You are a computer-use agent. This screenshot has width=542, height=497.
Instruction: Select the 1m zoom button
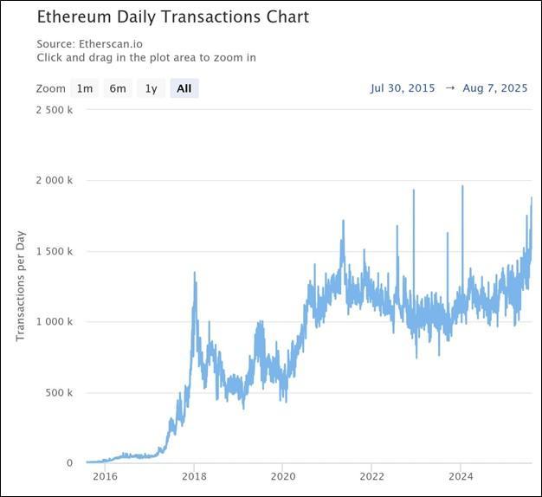coord(84,88)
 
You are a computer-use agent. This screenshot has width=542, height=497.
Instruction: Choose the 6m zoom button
coord(117,88)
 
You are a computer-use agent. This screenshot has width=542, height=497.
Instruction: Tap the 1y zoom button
coord(151,88)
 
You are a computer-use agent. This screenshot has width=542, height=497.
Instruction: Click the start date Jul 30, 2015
coord(403,88)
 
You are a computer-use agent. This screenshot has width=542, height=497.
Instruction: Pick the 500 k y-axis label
coord(59,392)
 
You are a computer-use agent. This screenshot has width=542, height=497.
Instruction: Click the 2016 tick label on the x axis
coord(105,475)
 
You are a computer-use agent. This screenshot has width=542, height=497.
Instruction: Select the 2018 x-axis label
coord(194,475)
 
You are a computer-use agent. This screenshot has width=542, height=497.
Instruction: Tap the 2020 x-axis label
coord(283,475)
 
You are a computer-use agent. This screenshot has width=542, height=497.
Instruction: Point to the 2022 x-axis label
coord(372,475)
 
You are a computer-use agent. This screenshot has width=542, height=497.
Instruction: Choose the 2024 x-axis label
coord(461,475)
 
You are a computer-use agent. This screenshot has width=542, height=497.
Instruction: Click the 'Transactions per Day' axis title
coord(22,285)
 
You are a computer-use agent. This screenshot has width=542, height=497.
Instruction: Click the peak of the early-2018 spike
coord(194,273)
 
